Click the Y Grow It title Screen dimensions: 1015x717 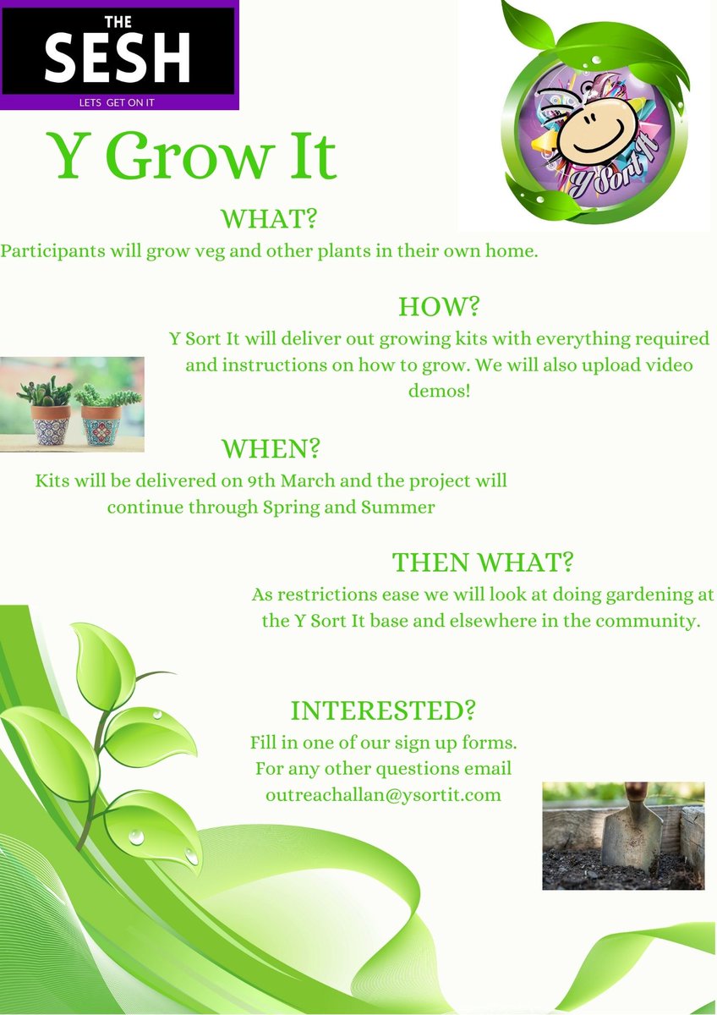point(193,156)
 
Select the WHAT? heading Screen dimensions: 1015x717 point(268,219)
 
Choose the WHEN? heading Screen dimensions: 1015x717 point(271,447)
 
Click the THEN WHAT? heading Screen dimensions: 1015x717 point(485,562)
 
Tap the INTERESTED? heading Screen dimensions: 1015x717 point(382,710)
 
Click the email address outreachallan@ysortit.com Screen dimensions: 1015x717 point(383,795)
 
